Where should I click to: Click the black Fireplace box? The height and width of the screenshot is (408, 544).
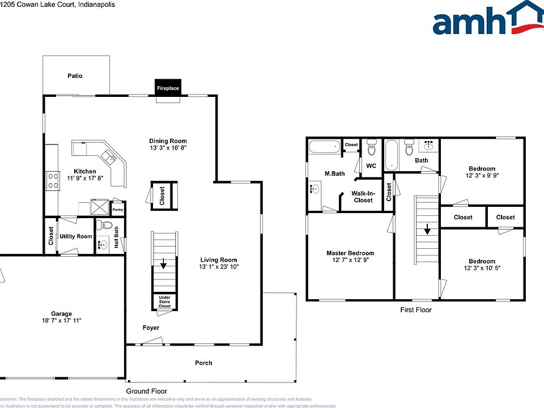coord(168,88)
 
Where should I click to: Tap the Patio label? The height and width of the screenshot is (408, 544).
coord(75,75)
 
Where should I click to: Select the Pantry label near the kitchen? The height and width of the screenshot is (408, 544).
coord(118,210)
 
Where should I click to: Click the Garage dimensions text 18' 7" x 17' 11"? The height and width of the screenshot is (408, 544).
coord(62,321)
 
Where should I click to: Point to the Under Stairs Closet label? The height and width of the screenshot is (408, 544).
coord(164,301)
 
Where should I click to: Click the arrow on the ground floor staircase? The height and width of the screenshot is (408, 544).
coord(164,263)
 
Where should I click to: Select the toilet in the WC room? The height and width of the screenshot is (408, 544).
coord(372,148)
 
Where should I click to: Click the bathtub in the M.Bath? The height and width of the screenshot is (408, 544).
coord(325,147)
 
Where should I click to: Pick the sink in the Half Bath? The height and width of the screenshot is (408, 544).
coord(103,245)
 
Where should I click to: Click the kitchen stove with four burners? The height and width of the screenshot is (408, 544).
coord(53,180)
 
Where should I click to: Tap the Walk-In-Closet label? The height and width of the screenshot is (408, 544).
coord(363,197)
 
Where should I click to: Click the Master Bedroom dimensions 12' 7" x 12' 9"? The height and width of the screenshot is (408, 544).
coord(350,260)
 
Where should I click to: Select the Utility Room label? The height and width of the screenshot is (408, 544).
coord(76,236)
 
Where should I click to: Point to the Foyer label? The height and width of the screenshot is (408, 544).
coord(151,328)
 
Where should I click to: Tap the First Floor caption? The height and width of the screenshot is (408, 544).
coord(415,310)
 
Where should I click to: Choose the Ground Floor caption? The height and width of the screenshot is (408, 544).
coord(146,391)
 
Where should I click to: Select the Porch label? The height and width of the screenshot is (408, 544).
coord(203,363)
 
